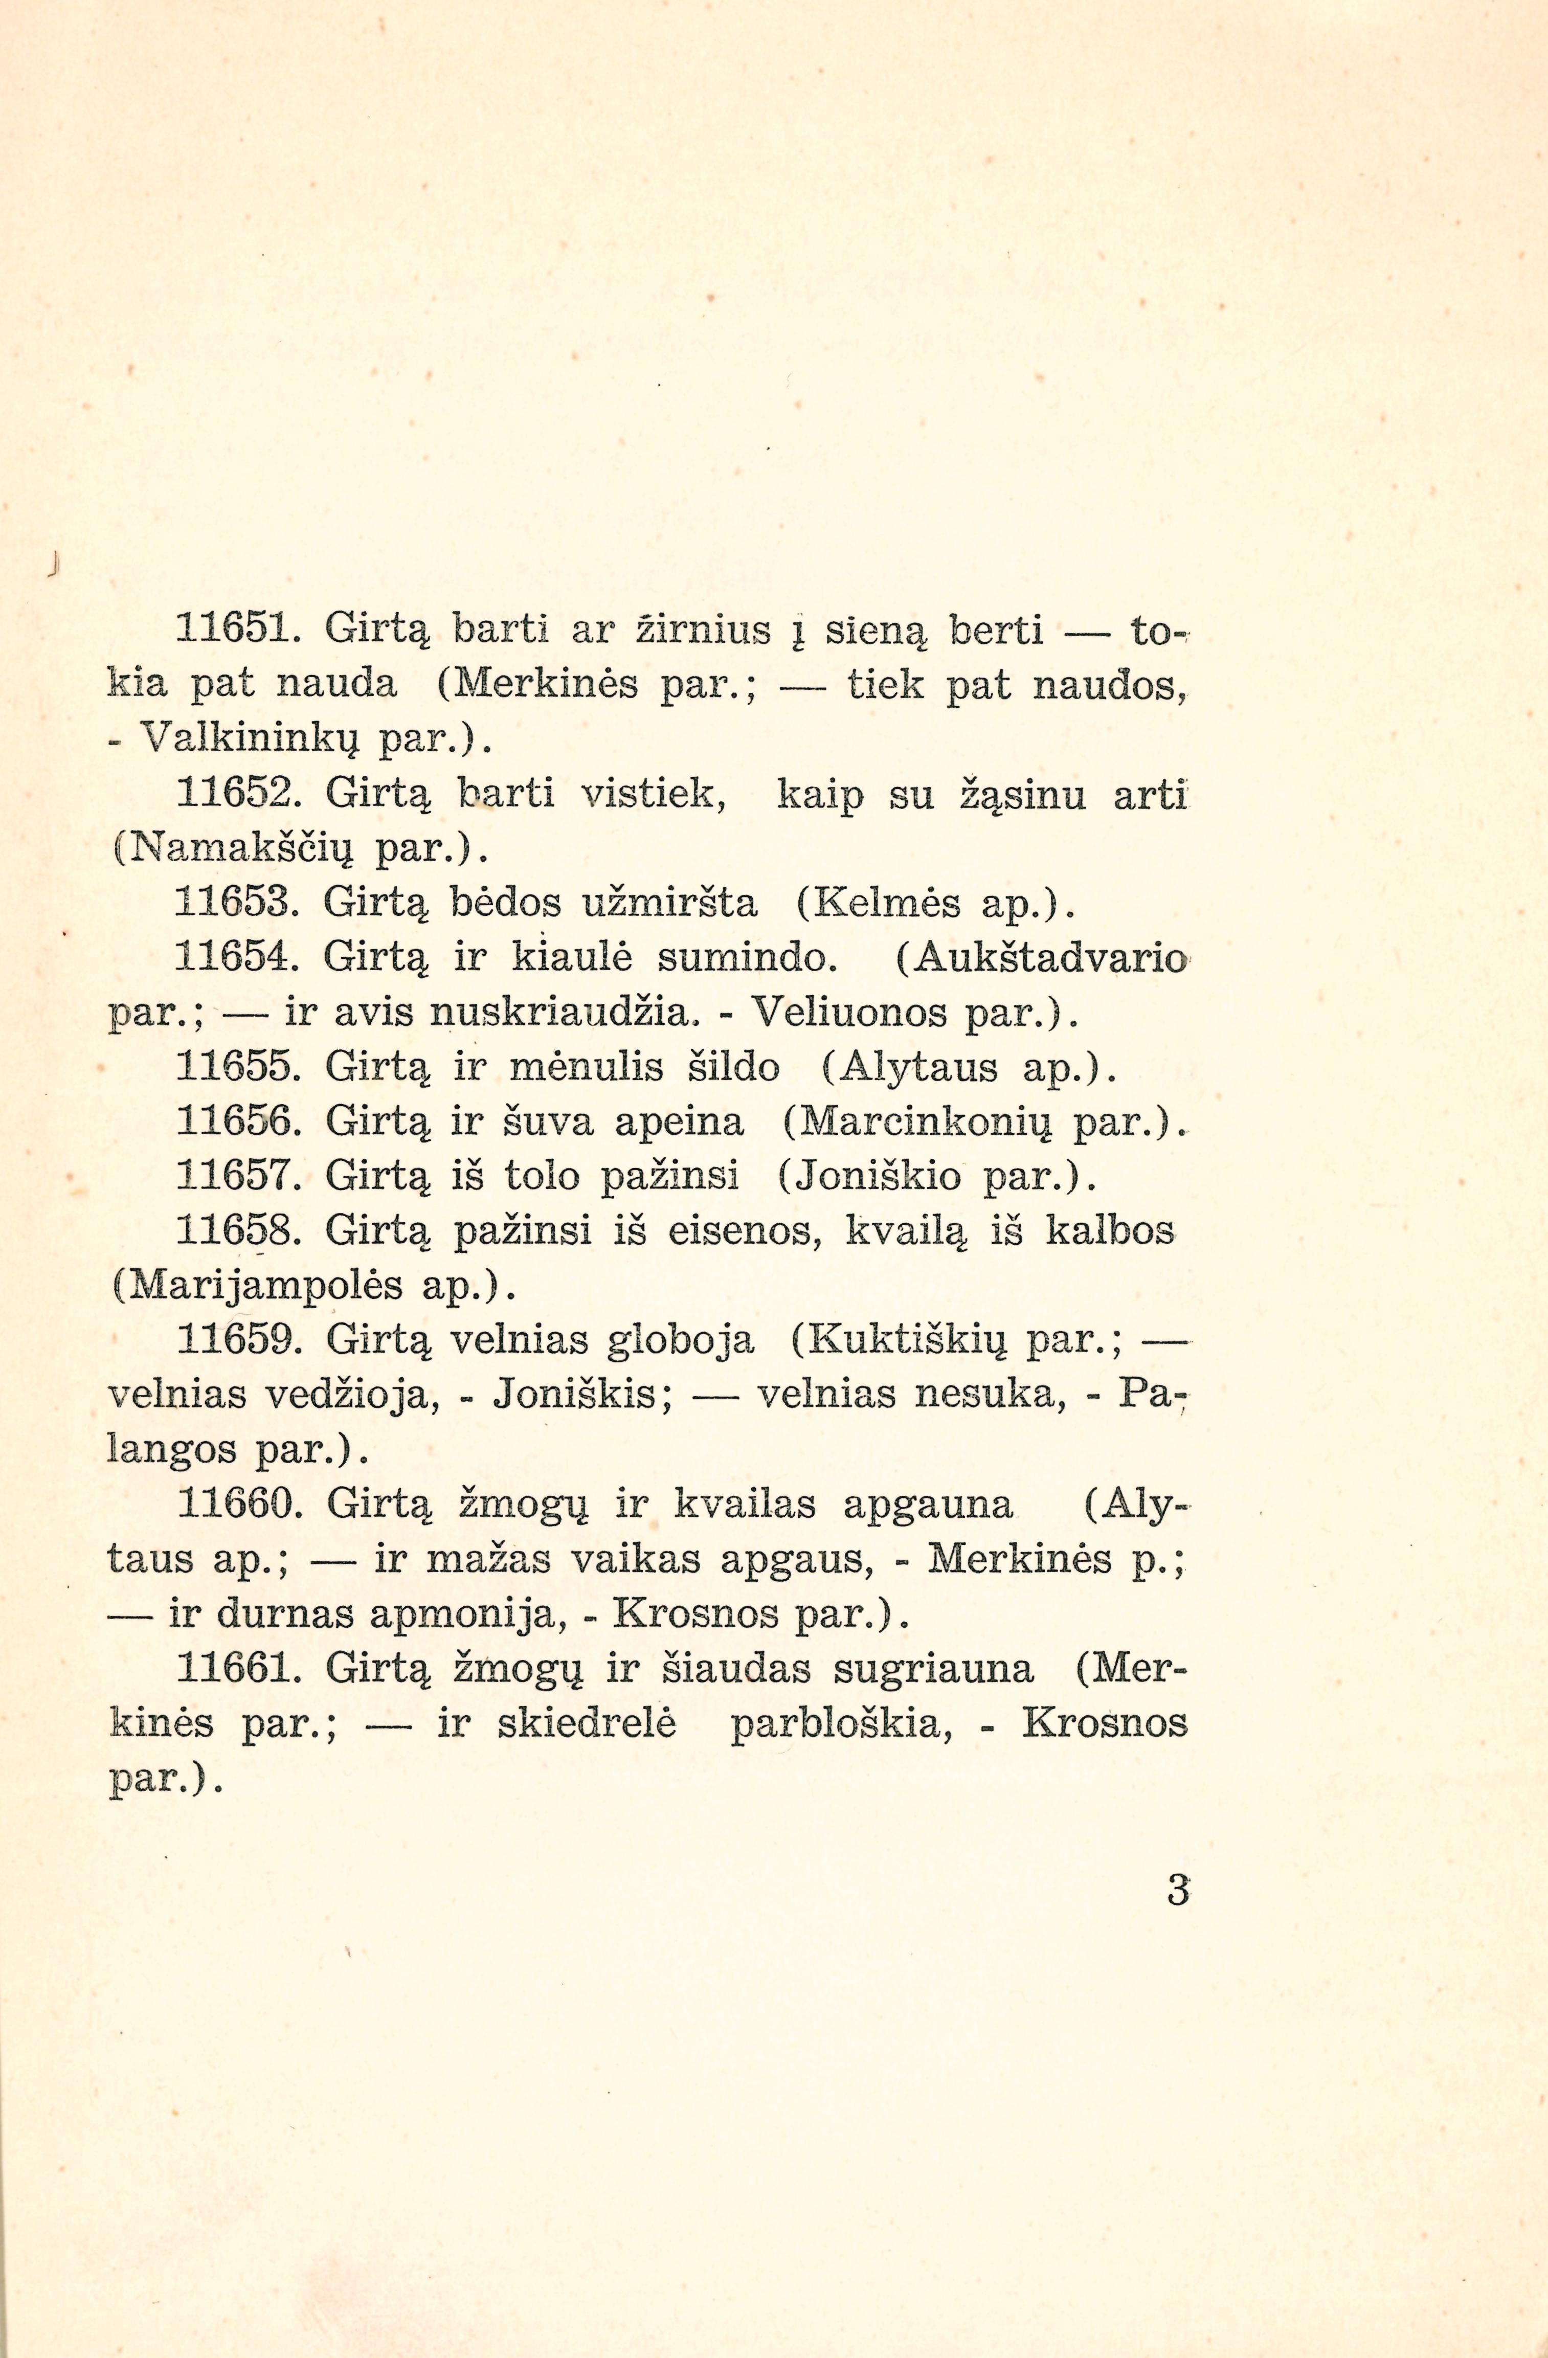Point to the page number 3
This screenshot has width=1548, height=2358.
1177,1891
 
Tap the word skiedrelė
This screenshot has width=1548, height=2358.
586,1724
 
